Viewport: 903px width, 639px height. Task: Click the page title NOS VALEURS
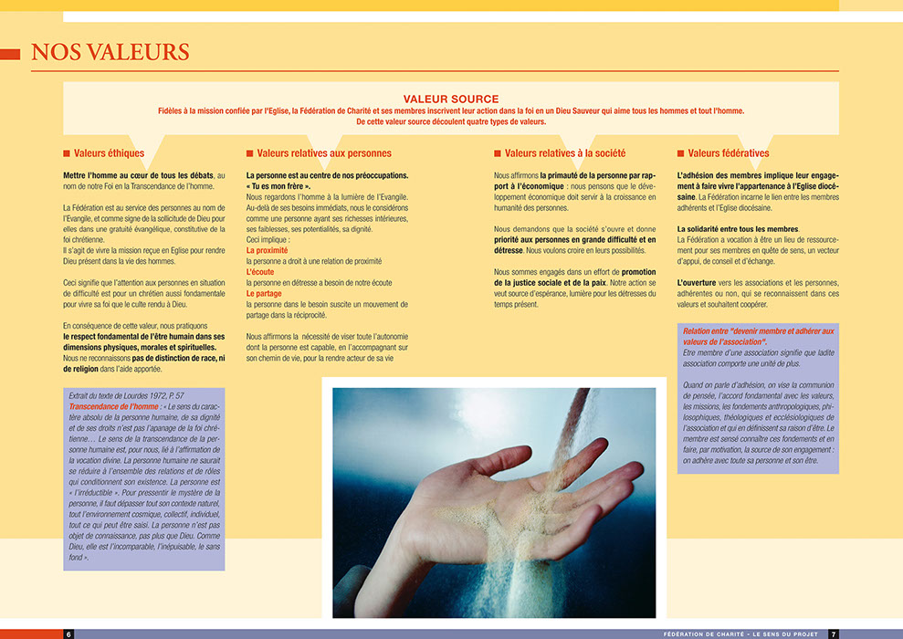pos(110,52)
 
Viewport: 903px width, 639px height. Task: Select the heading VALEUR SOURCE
pos(450,99)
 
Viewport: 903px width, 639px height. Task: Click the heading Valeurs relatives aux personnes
pos(324,153)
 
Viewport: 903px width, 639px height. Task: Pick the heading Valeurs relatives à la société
pos(565,153)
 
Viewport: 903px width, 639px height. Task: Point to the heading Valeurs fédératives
pos(729,153)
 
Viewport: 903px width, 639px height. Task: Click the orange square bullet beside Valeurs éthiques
pos(67,153)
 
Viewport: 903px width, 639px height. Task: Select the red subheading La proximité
pos(267,250)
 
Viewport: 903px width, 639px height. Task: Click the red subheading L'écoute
pos(261,272)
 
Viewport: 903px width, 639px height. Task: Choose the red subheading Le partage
pos(264,294)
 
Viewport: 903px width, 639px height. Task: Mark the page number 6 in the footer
pos(68,634)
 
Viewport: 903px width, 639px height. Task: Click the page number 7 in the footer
pos(833,634)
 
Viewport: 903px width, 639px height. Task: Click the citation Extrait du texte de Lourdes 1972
pos(126,395)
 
